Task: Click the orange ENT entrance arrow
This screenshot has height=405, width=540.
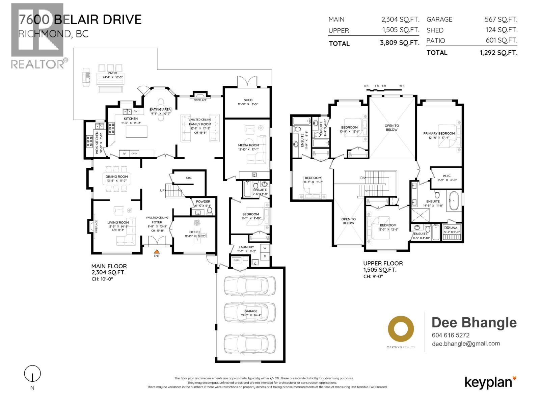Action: click(157, 251)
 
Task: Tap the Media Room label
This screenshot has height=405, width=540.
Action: click(248, 145)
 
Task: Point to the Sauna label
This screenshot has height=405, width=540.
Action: click(452, 228)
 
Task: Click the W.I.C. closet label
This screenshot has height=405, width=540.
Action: click(447, 176)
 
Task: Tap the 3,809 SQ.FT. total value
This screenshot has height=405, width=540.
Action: click(400, 43)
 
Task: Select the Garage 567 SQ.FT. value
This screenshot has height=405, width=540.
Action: click(501, 20)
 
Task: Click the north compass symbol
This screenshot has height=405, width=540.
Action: click(32, 374)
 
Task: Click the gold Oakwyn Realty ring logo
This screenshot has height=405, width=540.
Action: click(401, 329)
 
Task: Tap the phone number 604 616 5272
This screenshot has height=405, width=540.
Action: click(451, 335)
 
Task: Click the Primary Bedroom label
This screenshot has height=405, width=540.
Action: click(439, 133)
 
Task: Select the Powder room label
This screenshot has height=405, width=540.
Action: click(203, 201)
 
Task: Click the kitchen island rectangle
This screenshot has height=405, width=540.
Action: click(137, 131)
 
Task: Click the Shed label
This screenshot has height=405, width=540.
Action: click(248, 100)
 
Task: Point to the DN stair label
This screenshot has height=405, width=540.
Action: click(363, 178)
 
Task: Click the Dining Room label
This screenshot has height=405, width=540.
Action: click(116, 177)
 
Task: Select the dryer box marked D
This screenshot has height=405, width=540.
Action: click(265, 256)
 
